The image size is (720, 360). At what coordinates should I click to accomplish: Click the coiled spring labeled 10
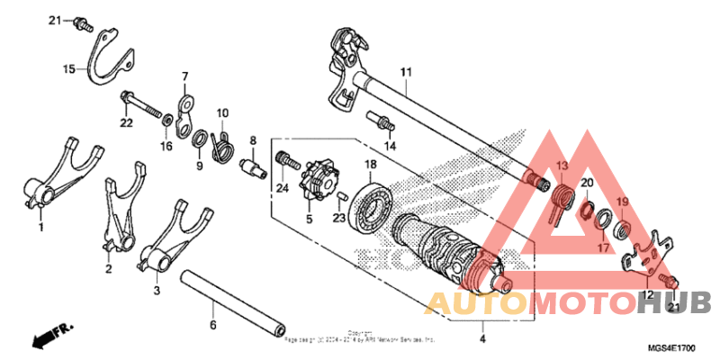pyautogui.click(x=221, y=143)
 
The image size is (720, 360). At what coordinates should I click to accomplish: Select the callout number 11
pyautogui.click(x=406, y=71)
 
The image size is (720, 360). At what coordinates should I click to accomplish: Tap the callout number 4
pyautogui.click(x=482, y=339)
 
